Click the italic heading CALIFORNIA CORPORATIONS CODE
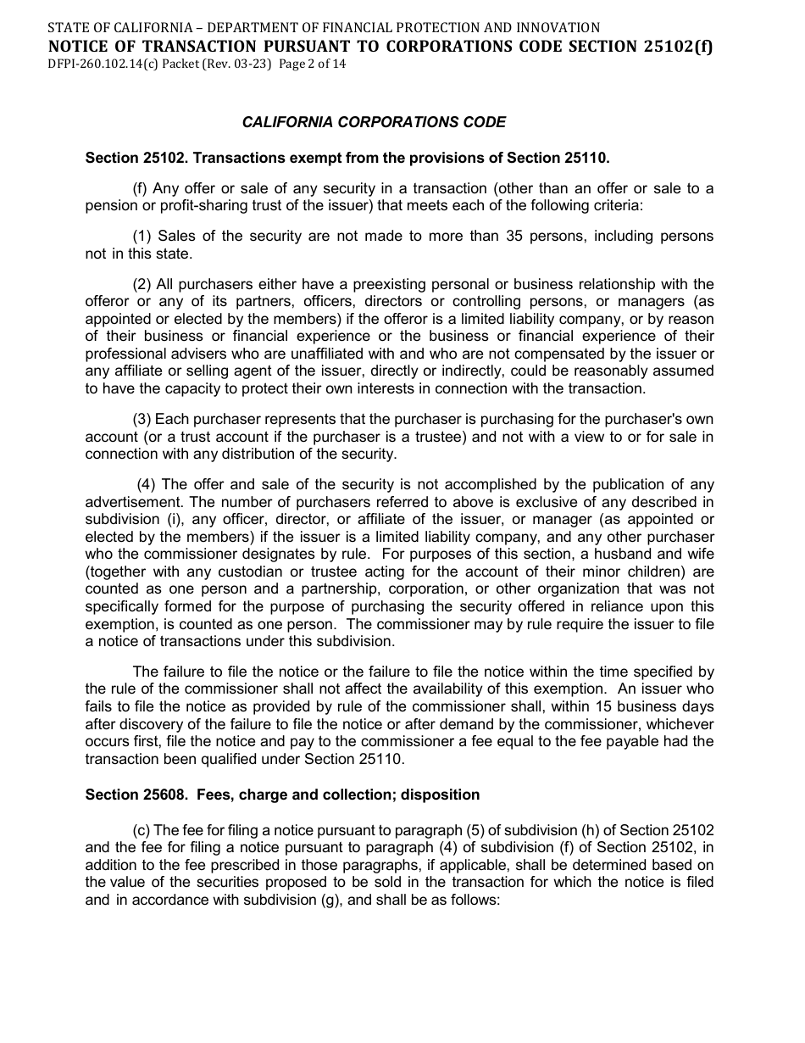point(374,122)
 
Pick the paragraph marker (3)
point(142,420)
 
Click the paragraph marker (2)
point(142,284)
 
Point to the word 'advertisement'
point(129,502)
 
